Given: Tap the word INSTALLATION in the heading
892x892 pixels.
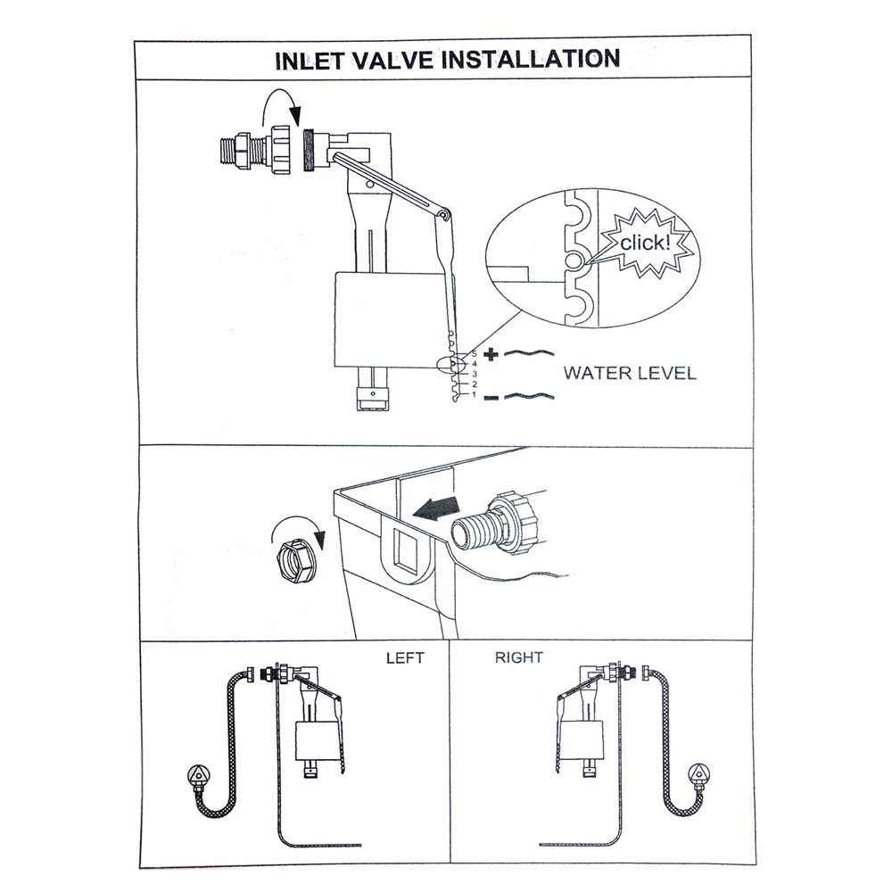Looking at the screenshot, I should click(534, 60).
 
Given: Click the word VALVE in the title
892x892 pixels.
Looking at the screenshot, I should click(401, 60).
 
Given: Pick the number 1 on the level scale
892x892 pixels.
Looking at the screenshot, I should click(474, 394).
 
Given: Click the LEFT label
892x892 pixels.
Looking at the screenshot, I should click(404, 658).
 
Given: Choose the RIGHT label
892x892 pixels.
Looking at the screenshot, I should click(518, 658).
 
